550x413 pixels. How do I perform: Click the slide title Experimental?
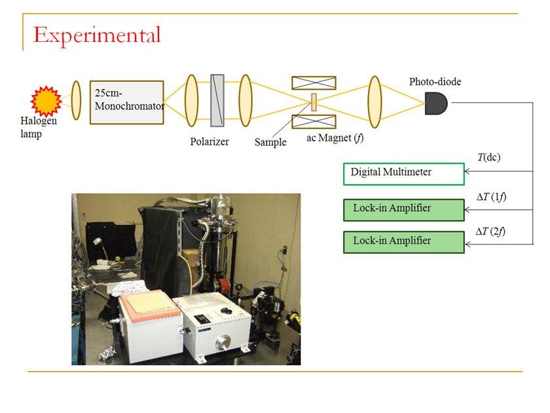coord(97,34)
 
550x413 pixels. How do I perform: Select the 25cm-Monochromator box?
coord(126,102)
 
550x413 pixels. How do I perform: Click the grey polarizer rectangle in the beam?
coord(217,102)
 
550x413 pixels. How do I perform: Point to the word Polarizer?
coord(210,141)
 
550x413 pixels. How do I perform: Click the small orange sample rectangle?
coord(314,102)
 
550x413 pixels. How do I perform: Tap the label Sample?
coord(270,142)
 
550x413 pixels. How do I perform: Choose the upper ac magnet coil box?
coord(314,83)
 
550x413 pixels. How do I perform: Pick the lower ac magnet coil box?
coord(314,121)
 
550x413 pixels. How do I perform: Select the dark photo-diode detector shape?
coord(435,102)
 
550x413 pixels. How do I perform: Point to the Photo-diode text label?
coord(435,82)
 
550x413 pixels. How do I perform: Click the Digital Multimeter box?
coord(403,174)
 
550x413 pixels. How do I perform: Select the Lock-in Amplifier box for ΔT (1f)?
coord(403,209)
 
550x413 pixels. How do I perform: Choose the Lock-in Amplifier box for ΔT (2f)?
coord(403,241)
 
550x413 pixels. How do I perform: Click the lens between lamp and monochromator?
coord(76,101)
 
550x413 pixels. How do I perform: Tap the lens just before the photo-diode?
coord(375,101)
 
